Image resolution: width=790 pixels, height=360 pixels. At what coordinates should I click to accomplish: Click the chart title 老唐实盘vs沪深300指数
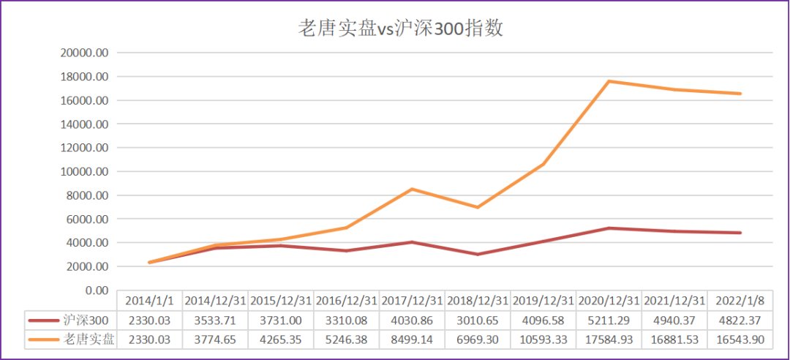coord(401,29)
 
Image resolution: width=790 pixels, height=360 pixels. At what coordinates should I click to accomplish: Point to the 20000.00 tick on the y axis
coord(84,53)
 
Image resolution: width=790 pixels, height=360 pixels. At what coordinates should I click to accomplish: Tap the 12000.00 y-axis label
coord(84,149)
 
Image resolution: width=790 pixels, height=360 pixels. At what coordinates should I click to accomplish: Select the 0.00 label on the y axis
coord(96,291)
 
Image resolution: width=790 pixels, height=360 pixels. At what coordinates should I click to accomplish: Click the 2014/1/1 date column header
coord(149,301)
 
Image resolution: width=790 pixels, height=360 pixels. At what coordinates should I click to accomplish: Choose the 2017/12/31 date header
coord(412,301)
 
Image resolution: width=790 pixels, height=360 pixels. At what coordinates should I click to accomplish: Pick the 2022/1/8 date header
coord(740,301)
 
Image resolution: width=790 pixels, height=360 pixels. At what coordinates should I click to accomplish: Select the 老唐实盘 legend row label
coord(89,340)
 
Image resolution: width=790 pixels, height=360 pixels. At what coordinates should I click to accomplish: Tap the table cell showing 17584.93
coord(609,340)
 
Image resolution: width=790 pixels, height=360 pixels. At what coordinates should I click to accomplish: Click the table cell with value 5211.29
coord(609,320)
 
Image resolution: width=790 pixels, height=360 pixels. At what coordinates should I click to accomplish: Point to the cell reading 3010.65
coord(478,320)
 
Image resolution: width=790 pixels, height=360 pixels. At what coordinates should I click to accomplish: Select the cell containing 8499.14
coord(412,340)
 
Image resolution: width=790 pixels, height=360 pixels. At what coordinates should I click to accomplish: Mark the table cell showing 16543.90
coord(740,340)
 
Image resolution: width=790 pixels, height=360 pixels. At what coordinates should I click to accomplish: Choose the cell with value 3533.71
coord(215,320)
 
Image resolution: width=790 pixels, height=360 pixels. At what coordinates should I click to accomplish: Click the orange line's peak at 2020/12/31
coord(609,81)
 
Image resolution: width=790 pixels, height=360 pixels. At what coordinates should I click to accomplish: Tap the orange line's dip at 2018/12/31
coord(478,207)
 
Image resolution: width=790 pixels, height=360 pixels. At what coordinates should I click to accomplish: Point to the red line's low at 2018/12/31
coord(478,255)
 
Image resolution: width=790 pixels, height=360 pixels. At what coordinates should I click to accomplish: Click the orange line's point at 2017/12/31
coord(412,189)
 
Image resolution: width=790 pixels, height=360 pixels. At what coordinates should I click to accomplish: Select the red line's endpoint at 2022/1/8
coord(740,233)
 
